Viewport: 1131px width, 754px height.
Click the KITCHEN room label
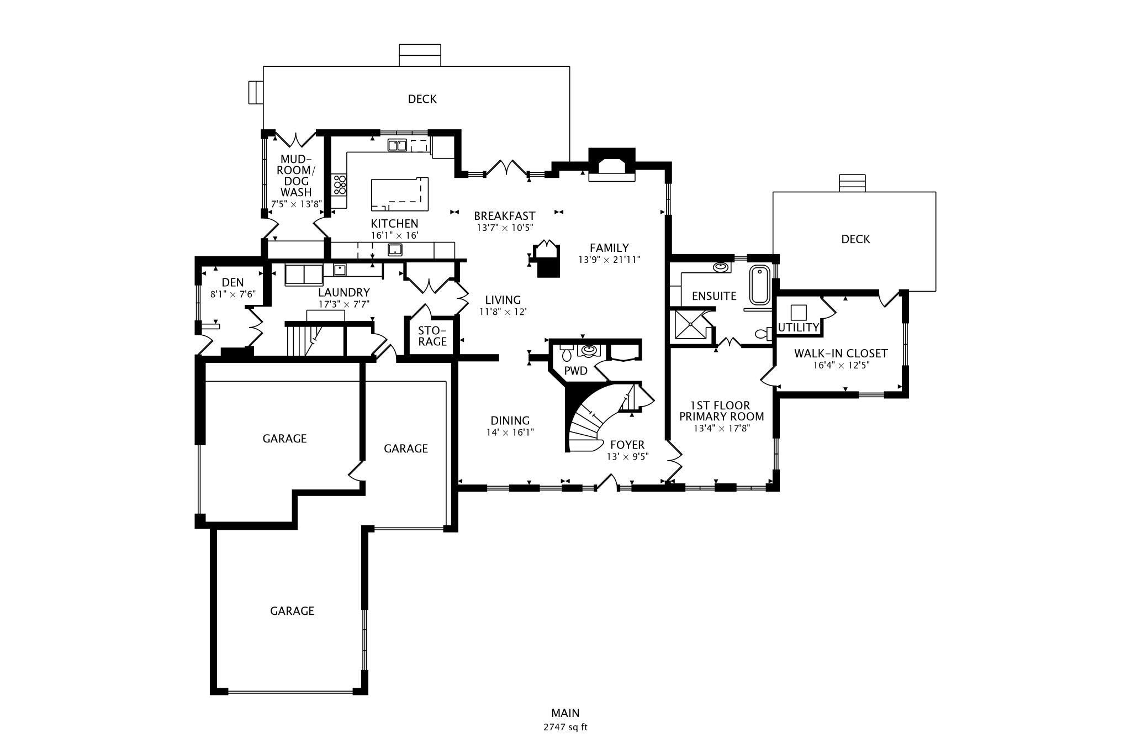(x=394, y=224)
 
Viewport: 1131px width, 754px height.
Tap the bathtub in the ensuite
(x=759, y=285)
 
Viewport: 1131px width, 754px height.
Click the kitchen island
(x=399, y=194)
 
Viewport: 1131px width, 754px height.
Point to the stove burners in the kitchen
(x=339, y=184)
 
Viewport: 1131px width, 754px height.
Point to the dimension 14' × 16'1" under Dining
(x=510, y=433)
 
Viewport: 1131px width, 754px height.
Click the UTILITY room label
(x=798, y=328)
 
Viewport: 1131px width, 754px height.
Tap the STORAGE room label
(x=432, y=336)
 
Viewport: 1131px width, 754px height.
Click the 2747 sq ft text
(x=565, y=727)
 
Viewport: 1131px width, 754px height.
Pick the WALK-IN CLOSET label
(x=841, y=354)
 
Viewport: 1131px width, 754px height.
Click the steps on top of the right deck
(x=852, y=183)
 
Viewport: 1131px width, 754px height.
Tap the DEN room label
(x=232, y=283)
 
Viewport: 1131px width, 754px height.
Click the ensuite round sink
(x=720, y=267)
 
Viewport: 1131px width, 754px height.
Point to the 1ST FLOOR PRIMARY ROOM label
(x=721, y=411)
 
